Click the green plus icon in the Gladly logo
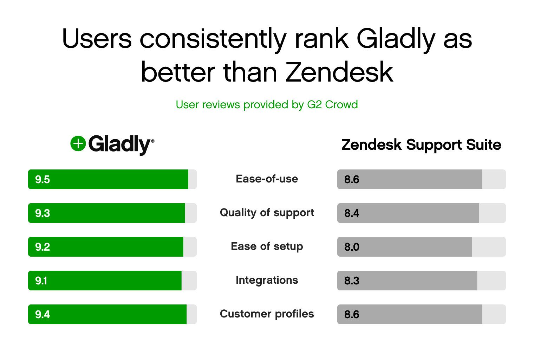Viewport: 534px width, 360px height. click(x=78, y=144)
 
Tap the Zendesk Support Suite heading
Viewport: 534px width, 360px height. click(x=421, y=145)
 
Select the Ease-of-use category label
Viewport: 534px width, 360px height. click(x=267, y=179)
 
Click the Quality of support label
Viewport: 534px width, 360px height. click(x=267, y=213)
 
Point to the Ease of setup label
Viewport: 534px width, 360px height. click(x=267, y=246)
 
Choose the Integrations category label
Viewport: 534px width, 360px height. click(x=267, y=280)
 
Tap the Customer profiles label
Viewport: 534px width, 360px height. click(x=267, y=314)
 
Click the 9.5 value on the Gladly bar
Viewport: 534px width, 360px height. click(x=43, y=180)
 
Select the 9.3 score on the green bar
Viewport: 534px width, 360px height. click(x=43, y=213)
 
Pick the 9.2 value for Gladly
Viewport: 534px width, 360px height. click(x=43, y=247)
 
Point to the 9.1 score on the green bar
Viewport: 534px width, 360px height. click(x=41, y=281)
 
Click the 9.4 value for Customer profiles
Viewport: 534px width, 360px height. click(x=43, y=315)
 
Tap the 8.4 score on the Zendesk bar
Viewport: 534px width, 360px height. click(x=352, y=213)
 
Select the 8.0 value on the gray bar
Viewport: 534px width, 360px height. click(x=352, y=247)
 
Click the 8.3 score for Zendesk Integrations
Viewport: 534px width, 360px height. click(x=352, y=281)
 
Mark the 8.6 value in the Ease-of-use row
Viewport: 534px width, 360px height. click(x=352, y=180)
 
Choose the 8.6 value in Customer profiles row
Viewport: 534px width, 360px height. click(x=352, y=315)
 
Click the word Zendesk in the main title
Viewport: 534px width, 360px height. click(x=339, y=72)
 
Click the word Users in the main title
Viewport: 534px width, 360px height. click(x=97, y=38)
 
